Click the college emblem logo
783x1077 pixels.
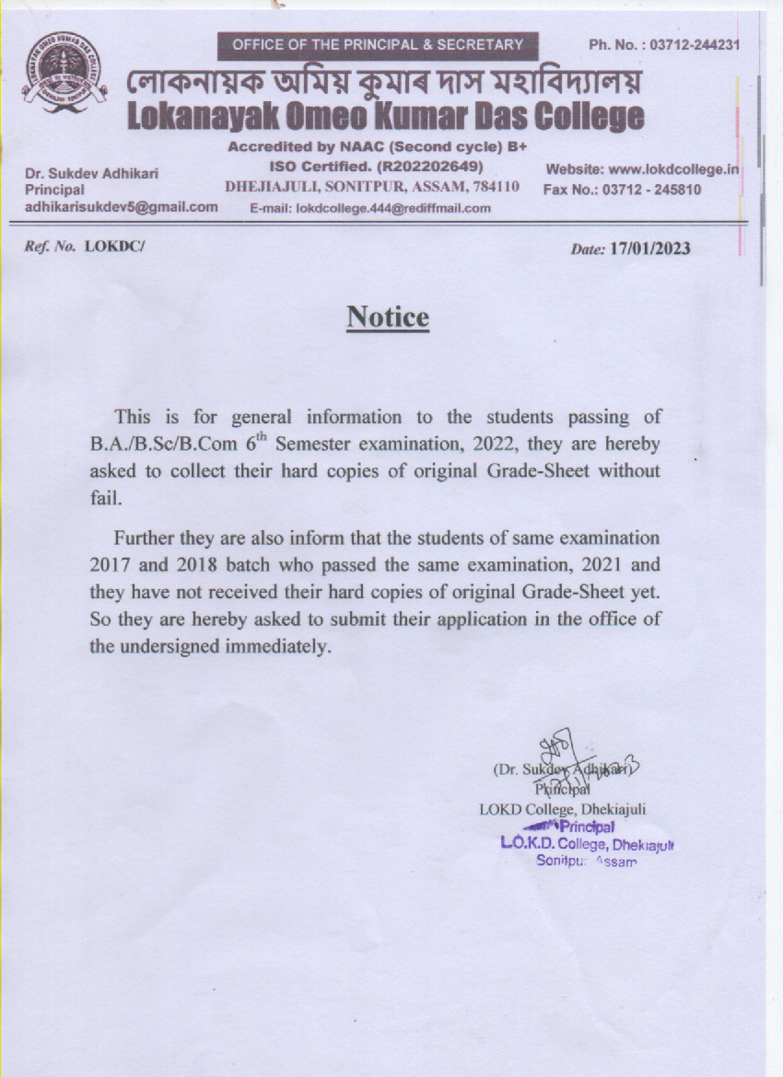(x=64, y=74)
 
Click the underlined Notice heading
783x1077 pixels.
(x=388, y=318)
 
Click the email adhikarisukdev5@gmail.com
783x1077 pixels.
(x=121, y=206)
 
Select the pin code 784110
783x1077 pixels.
(x=497, y=187)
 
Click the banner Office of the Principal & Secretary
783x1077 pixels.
(x=378, y=44)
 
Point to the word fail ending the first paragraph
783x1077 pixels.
(x=104, y=498)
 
